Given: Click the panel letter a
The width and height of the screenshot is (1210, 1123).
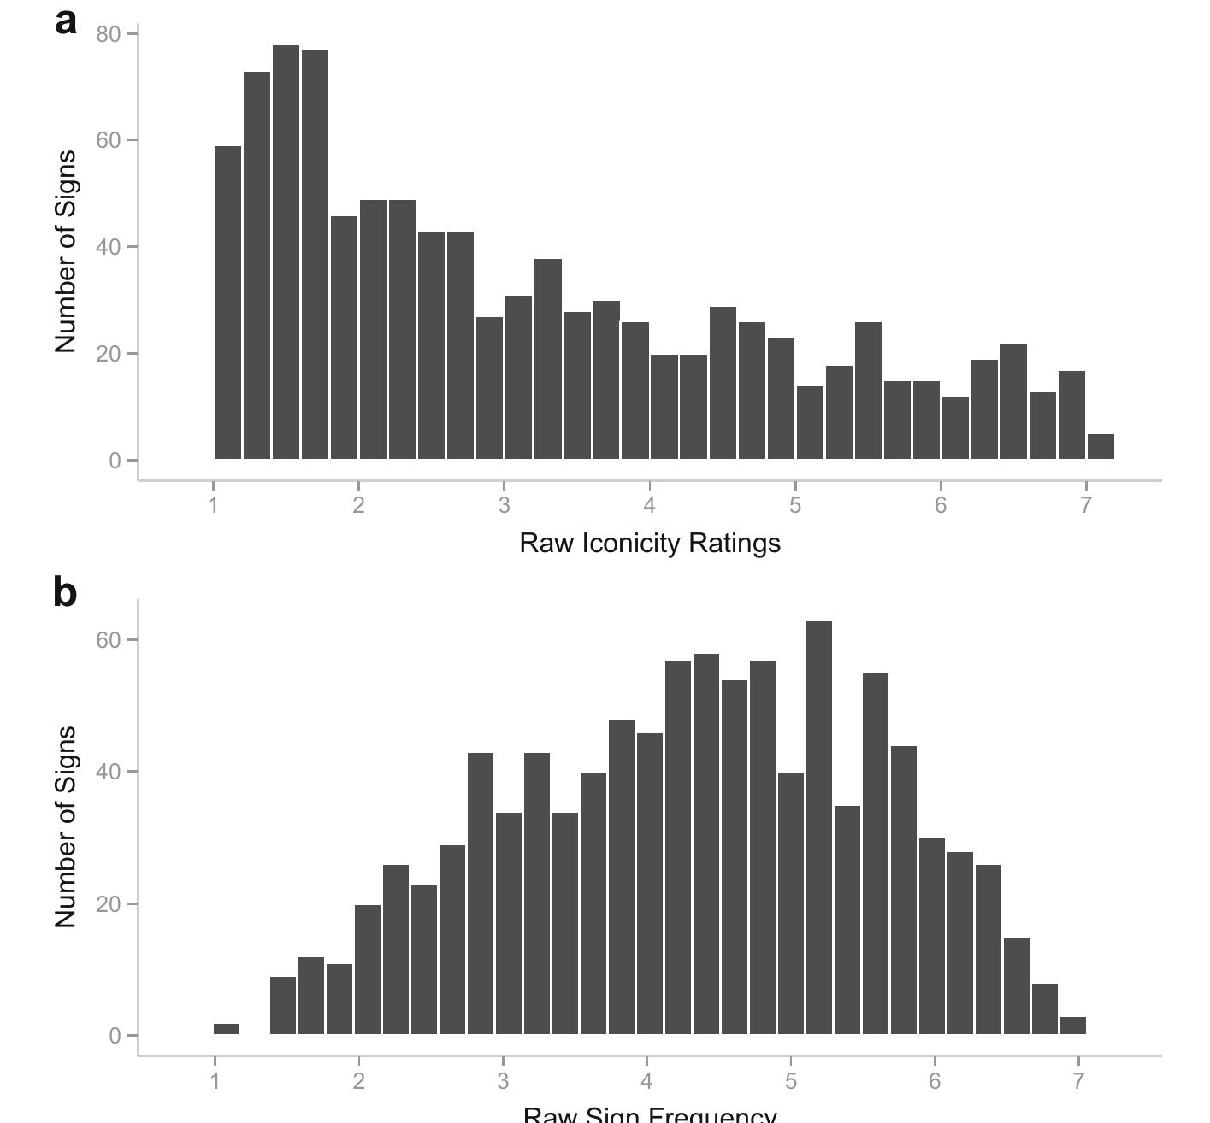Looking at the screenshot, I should pyautogui.click(x=65, y=22).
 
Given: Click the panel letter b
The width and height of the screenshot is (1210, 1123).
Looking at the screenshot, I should pyautogui.click(x=65, y=592).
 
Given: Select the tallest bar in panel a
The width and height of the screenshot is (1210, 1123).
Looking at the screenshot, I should pyautogui.click(x=286, y=252).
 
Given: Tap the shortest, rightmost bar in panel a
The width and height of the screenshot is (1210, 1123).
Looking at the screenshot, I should pyautogui.click(x=1101, y=447).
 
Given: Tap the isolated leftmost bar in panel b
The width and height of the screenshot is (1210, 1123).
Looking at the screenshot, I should pyautogui.click(x=227, y=1029).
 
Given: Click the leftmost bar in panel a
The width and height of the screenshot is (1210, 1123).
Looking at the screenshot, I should pyautogui.click(x=227, y=303).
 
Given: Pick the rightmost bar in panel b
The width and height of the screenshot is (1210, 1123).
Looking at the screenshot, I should pyautogui.click(x=1072, y=1026).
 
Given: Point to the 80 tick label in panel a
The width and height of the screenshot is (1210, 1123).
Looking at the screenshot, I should pyautogui.click(x=109, y=34).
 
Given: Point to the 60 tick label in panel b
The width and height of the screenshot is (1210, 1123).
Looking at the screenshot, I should pyautogui.click(x=109, y=640).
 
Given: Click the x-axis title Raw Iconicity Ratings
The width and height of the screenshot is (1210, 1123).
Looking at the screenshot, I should pyautogui.click(x=650, y=544).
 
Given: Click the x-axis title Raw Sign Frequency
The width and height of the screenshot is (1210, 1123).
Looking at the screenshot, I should pyautogui.click(x=650, y=1114).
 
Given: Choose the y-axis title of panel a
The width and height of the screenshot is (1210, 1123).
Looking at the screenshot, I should pyautogui.click(x=66, y=251).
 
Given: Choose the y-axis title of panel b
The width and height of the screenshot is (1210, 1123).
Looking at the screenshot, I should pyautogui.click(x=66, y=826).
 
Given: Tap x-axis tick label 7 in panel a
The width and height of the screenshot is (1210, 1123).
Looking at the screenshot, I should pyautogui.click(x=1086, y=505).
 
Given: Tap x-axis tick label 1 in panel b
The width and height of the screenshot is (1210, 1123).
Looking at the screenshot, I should pyautogui.click(x=215, y=1081).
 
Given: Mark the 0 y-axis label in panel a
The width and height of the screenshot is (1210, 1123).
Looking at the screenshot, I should pyautogui.click(x=115, y=461).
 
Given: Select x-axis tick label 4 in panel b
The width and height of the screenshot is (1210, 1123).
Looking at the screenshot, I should pyautogui.click(x=646, y=1081).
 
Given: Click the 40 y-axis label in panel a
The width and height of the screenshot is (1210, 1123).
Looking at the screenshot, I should pyautogui.click(x=109, y=247).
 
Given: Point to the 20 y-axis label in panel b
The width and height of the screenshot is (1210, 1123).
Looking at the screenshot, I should pyautogui.click(x=109, y=904).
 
